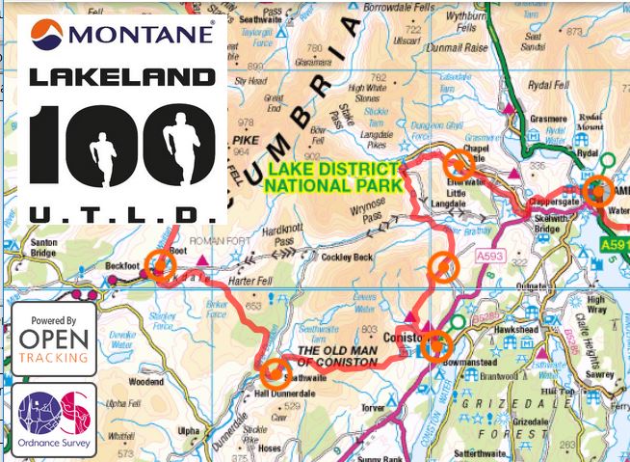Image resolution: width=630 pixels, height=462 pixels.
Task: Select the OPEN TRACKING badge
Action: (x=54, y=340)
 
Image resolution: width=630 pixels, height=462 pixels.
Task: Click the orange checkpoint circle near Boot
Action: (x=161, y=270)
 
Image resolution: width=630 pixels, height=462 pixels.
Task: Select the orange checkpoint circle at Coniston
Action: (x=436, y=345)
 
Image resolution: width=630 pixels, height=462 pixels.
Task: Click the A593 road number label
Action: (x=488, y=257)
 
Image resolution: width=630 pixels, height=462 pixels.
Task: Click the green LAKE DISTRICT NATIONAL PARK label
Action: (x=329, y=175)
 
